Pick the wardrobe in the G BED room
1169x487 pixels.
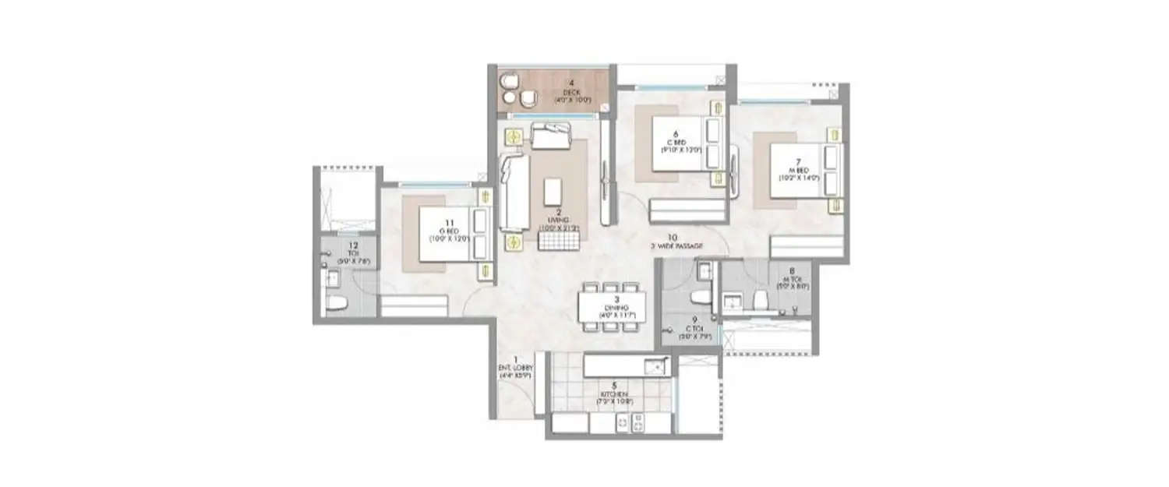(x=413, y=305)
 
